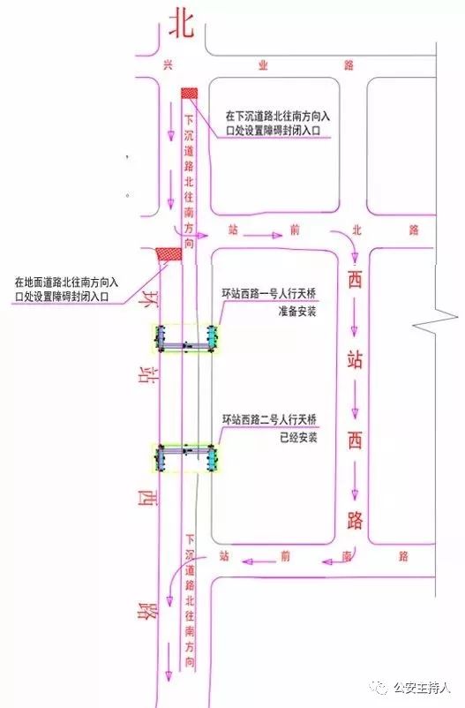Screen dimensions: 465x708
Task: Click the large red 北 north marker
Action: click(x=182, y=25)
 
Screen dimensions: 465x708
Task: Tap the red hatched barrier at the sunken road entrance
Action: click(x=189, y=93)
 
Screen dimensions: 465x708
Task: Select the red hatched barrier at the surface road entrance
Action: click(x=169, y=254)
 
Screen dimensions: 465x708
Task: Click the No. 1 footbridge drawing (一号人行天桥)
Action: click(x=186, y=338)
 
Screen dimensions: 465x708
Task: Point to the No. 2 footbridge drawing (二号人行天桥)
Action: click(x=186, y=458)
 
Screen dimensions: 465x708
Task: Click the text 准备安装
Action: click(x=297, y=312)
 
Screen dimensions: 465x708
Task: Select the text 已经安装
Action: click(x=298, y=437)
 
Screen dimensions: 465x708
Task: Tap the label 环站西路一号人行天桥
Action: click(x=269, y=293)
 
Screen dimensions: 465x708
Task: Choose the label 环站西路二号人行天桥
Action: click(x=269, y=419)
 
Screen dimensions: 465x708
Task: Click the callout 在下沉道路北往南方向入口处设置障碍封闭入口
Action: click(x=277, y=124)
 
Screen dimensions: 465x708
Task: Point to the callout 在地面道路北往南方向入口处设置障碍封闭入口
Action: click(x=66, y=290)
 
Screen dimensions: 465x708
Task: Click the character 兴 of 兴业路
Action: click(x=168, y=65)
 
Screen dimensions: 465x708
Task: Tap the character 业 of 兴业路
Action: click(x=263, y=65)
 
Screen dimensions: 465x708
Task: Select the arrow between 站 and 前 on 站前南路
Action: click(x=259, y=561)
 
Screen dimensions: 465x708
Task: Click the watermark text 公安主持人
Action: click(x=422, y=688)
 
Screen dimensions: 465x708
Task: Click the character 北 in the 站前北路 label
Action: click(x=356, y=230)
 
